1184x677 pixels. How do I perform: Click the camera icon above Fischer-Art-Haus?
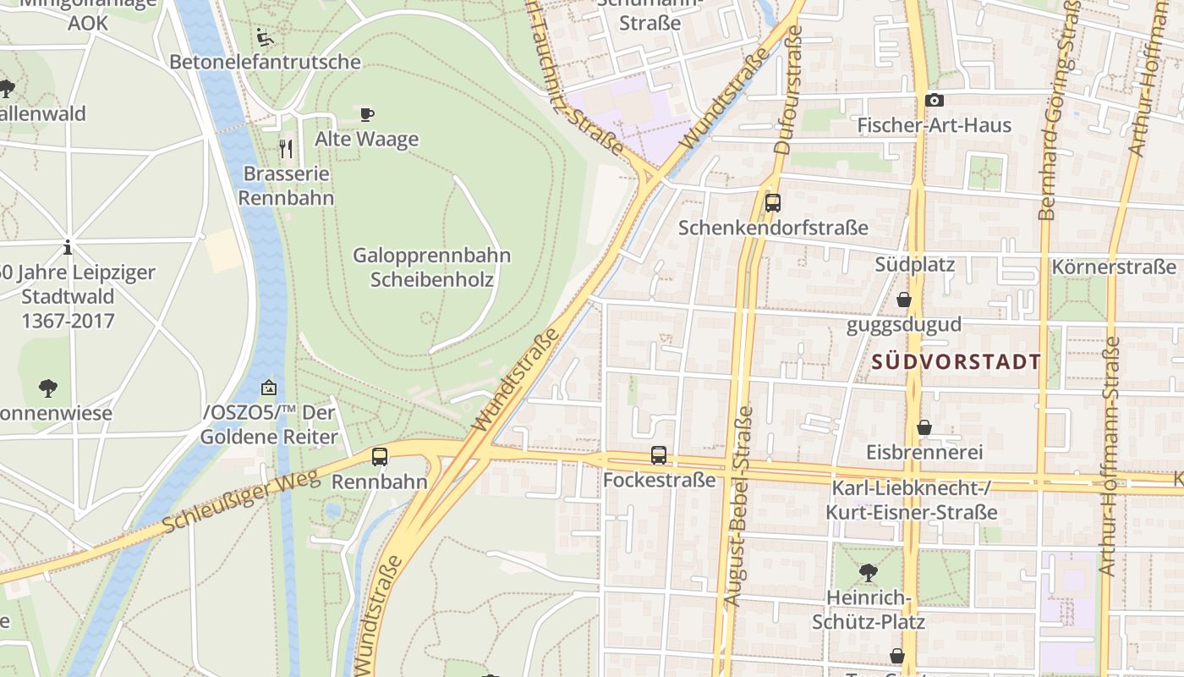pos(934,101)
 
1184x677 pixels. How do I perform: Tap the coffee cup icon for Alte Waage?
pos(366,114)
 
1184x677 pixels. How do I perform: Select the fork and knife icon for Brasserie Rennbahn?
pos(286,149)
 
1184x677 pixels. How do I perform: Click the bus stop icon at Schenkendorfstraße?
pos(772,203)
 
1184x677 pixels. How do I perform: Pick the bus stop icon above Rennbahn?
pos(380,457)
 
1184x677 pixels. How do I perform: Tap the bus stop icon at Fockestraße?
pos(659,455)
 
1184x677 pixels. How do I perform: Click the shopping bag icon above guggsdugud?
pos(904,300)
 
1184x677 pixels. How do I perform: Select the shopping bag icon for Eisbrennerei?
pos(924,427)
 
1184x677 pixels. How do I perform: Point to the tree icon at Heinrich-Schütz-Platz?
pos(868,573)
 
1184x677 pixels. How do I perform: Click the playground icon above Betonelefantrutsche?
pos(265,37)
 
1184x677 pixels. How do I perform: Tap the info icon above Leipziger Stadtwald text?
pos(68,248)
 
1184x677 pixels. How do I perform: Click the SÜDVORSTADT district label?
pos(956,362)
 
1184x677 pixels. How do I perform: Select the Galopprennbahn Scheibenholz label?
pos(431,267)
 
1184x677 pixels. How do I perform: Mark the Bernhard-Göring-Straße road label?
pos(1058,110)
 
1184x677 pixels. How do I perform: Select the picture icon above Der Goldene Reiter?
pos(269,388)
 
